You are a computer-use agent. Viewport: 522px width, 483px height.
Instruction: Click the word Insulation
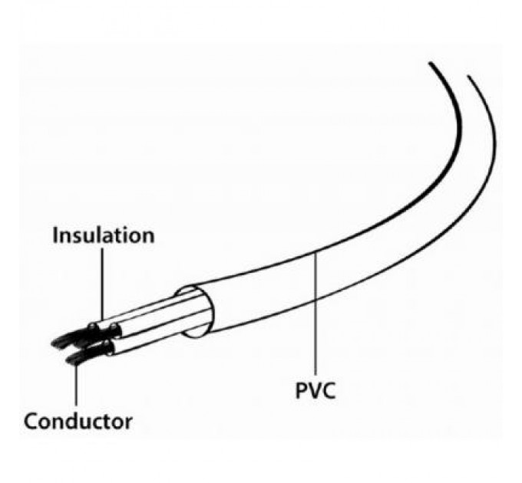(103, 235)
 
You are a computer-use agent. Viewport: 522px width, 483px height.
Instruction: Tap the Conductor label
(78, 421)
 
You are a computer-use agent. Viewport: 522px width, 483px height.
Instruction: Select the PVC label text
(316, 392)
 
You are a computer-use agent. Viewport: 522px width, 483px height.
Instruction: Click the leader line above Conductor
(75, 387)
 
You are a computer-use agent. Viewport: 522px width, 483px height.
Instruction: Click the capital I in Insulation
(55, 235)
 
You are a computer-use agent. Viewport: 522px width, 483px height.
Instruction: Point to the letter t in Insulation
(118, 235)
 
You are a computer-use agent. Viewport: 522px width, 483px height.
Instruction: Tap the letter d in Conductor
(74, 421)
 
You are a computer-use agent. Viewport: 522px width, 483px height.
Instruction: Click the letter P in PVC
(302, 392)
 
